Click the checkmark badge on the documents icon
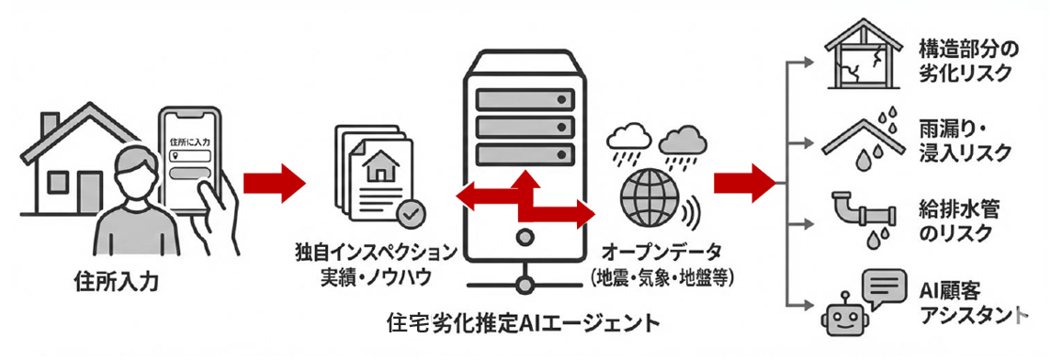point(410,213)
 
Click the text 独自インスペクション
point(374,251)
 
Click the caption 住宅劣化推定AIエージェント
point(524,324)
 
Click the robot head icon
point(842,316)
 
